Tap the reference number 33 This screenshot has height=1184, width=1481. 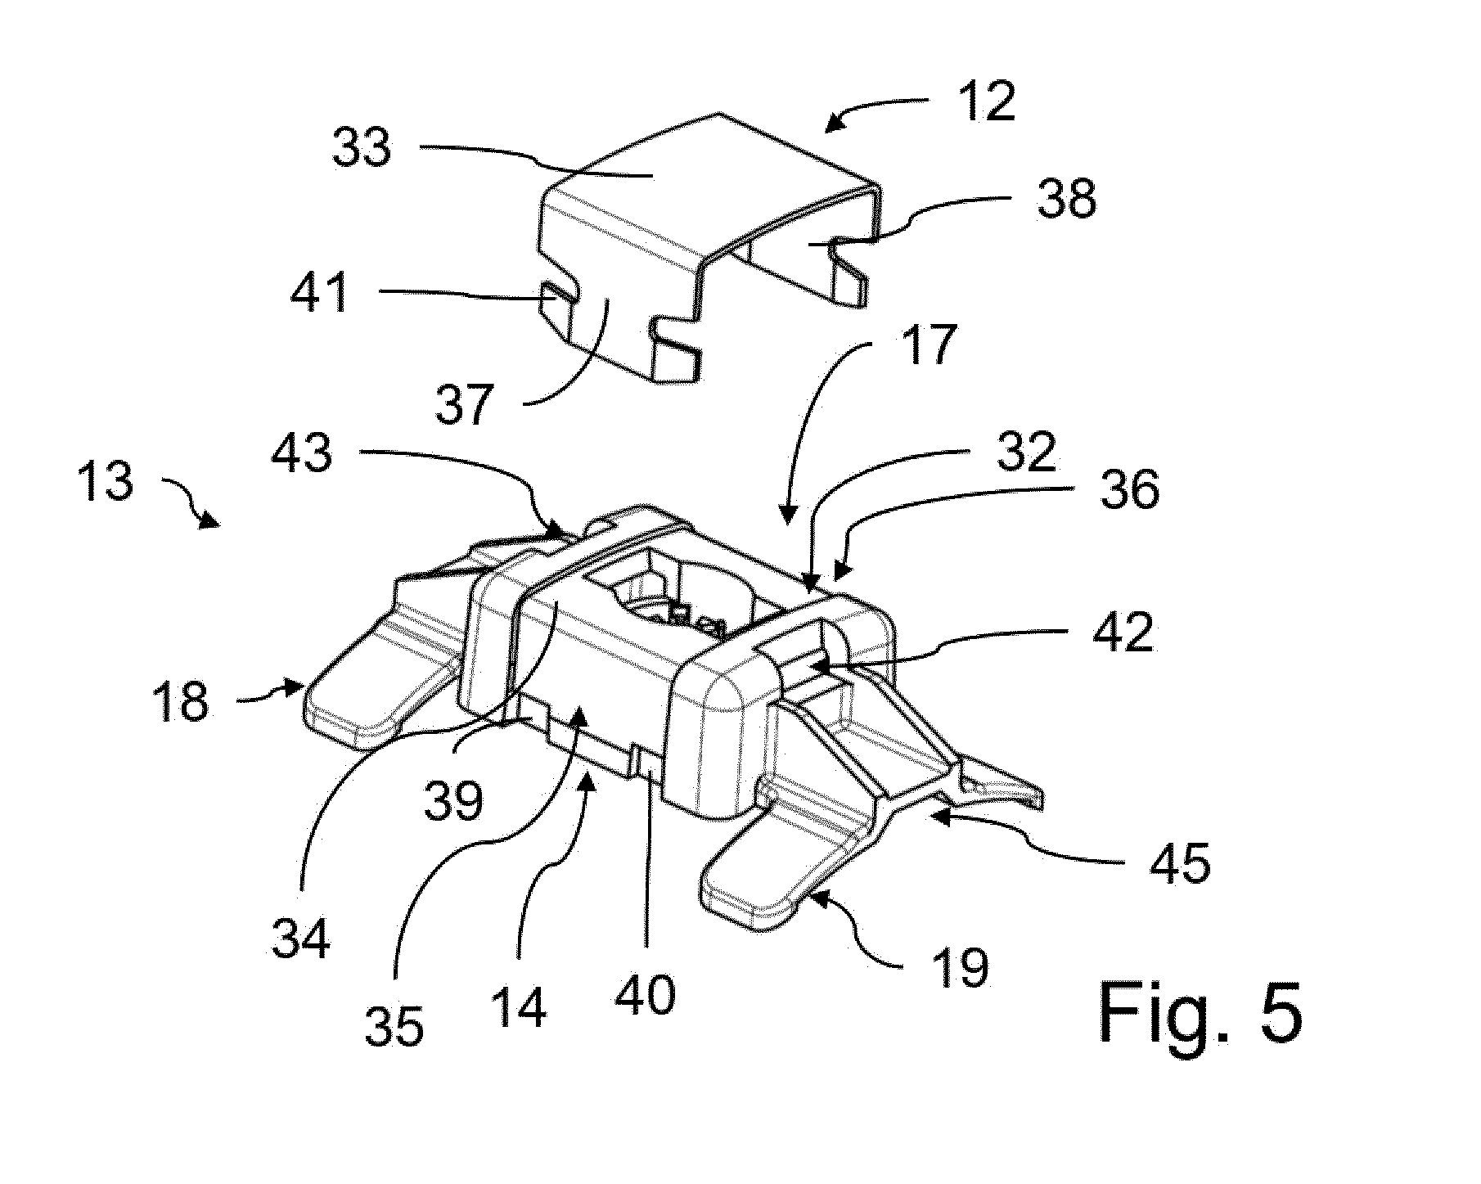coord(362,149)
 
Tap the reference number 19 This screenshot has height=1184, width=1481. coord(961,968)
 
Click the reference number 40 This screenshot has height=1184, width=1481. coord(646,993)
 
